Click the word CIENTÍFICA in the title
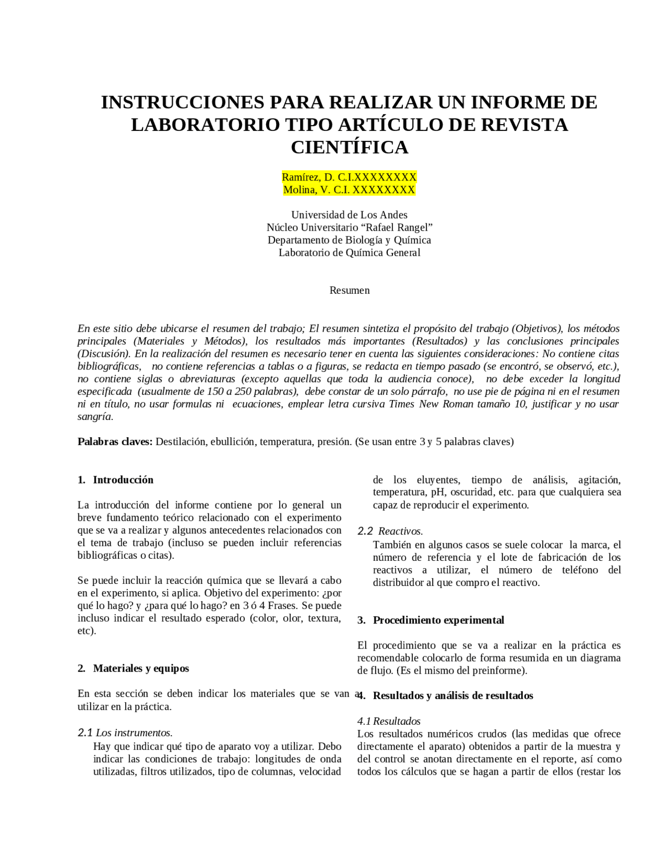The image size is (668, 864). (x=349, y=148)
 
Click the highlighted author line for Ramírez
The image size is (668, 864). (x=349, y=177)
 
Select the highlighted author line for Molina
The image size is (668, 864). (x=349, y=189)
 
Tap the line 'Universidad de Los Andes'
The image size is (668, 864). (x=349, y=215)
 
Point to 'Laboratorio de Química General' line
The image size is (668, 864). (x=349, y=253)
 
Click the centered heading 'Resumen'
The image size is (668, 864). (x=349, y=290)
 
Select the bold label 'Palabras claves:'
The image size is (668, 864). (x=115, y=441)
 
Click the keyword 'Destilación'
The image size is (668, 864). (x=181, y=441)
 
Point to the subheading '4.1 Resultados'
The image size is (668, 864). (x=389, y=721)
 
